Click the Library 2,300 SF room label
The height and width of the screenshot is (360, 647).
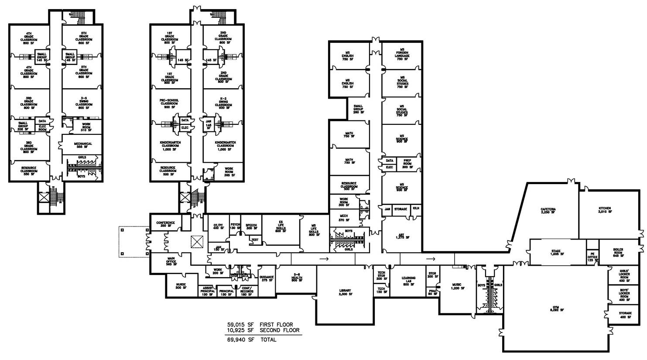point(345,293)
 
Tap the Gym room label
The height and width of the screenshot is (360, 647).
point(557,310)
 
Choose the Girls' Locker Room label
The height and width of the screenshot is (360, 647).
point(625,274)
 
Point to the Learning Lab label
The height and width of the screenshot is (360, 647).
point(409,281)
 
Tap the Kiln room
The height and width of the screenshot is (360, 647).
point(416,209)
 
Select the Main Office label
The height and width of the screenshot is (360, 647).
point(171,261)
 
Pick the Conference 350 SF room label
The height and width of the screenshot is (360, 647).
point(165,224)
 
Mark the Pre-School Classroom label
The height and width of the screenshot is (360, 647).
point(169,103)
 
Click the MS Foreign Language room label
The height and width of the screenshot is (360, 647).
point(402,55)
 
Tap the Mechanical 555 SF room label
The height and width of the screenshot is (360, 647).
point(83,145)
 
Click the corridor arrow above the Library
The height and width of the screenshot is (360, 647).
point(324,259)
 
